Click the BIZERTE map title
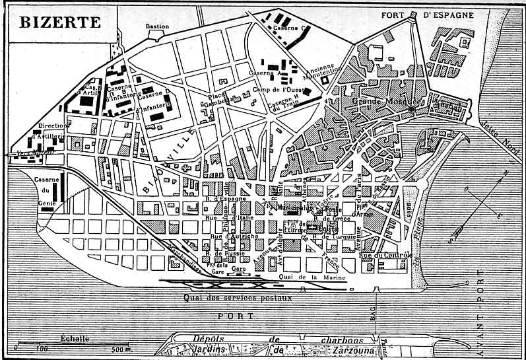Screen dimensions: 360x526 point(60,22)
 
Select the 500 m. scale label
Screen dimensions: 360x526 point(121,349)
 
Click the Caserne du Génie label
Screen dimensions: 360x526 point(47,191)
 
